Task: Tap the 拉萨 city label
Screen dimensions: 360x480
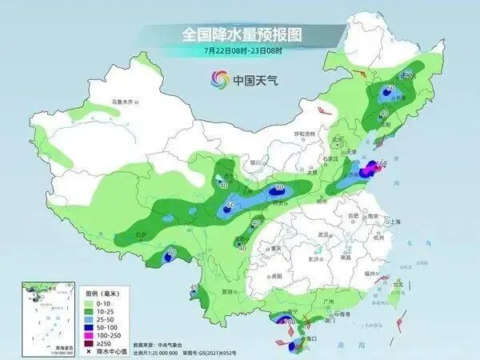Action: (x=142, y=234)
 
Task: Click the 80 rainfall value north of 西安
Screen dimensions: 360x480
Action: (x=279, y=187)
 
